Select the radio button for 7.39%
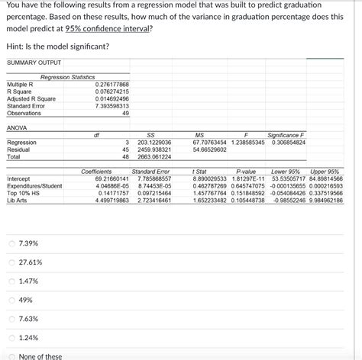tap(11, 243)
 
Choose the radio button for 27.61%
tap(11, 262)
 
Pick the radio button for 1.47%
tap(11, 281)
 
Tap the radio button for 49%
tap(11, 300)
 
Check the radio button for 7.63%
tap(11, 319)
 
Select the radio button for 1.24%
tap(11, 338)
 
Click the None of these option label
tap(40, 356)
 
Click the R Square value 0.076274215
tap(112, 92)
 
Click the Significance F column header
tap(287, 135)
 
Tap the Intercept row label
tap(19, 178)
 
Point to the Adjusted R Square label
tap(31, 98)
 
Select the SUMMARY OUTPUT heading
tap(34, 62)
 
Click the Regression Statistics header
tap(67, 77)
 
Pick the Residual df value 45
tap(124, 149)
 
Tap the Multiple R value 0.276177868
tap(112, 84)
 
